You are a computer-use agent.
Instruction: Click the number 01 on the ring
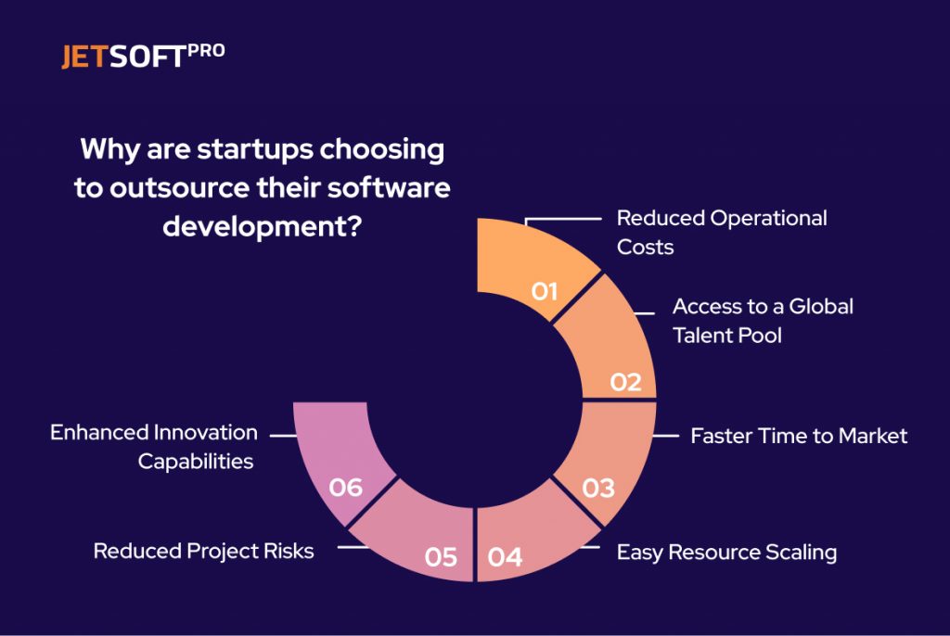545,291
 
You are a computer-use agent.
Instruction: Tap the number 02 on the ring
625,381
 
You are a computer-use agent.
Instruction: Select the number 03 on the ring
598,487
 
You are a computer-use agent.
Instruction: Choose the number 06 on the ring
345,487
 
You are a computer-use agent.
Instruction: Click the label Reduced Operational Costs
722,232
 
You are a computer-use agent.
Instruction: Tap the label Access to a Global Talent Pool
762,320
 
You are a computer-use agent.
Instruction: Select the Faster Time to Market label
799,436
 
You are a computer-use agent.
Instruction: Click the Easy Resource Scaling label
726,553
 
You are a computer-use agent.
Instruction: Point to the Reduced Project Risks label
203,551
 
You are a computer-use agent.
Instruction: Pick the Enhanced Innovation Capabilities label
154,446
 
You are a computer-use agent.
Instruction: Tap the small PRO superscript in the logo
206,52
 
